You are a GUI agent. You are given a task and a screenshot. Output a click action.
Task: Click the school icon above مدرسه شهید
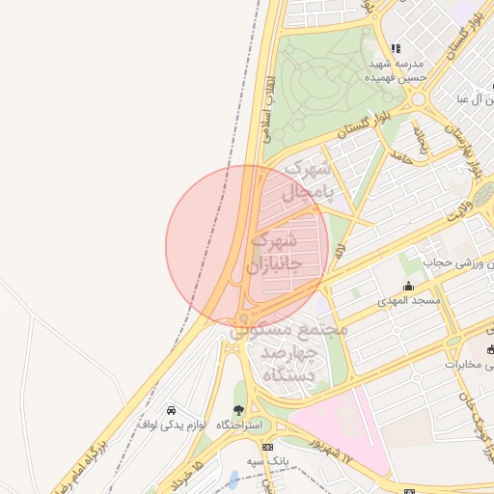(x=395, y=48)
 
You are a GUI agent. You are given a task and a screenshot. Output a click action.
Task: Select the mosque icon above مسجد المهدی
(x=408, y=286)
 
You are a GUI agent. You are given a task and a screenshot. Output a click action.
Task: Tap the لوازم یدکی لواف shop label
(x=173, y=424)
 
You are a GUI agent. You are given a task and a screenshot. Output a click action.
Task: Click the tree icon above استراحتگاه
(x=238, y=410)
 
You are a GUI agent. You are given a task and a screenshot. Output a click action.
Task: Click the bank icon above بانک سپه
(x=267, y=447)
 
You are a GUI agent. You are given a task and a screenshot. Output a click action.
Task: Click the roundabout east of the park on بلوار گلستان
(x=419, y=99)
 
